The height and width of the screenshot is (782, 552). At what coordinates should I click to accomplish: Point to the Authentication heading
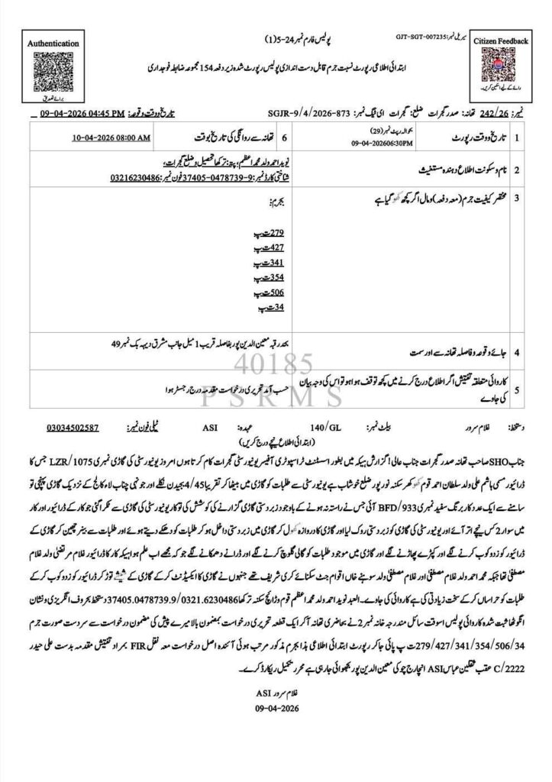[x=48, y=44]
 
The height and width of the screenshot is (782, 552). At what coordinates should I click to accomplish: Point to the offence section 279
[x=273, y=231]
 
